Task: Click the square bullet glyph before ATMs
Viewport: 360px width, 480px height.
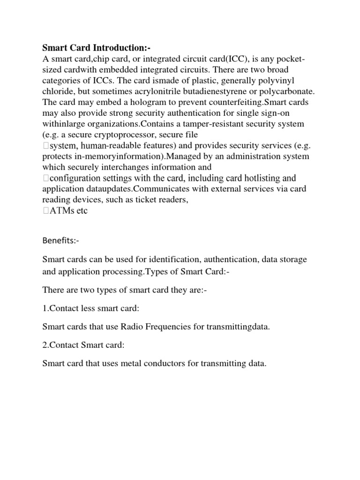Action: point(45,211)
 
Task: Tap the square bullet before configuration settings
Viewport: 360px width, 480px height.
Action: point(45,178)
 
